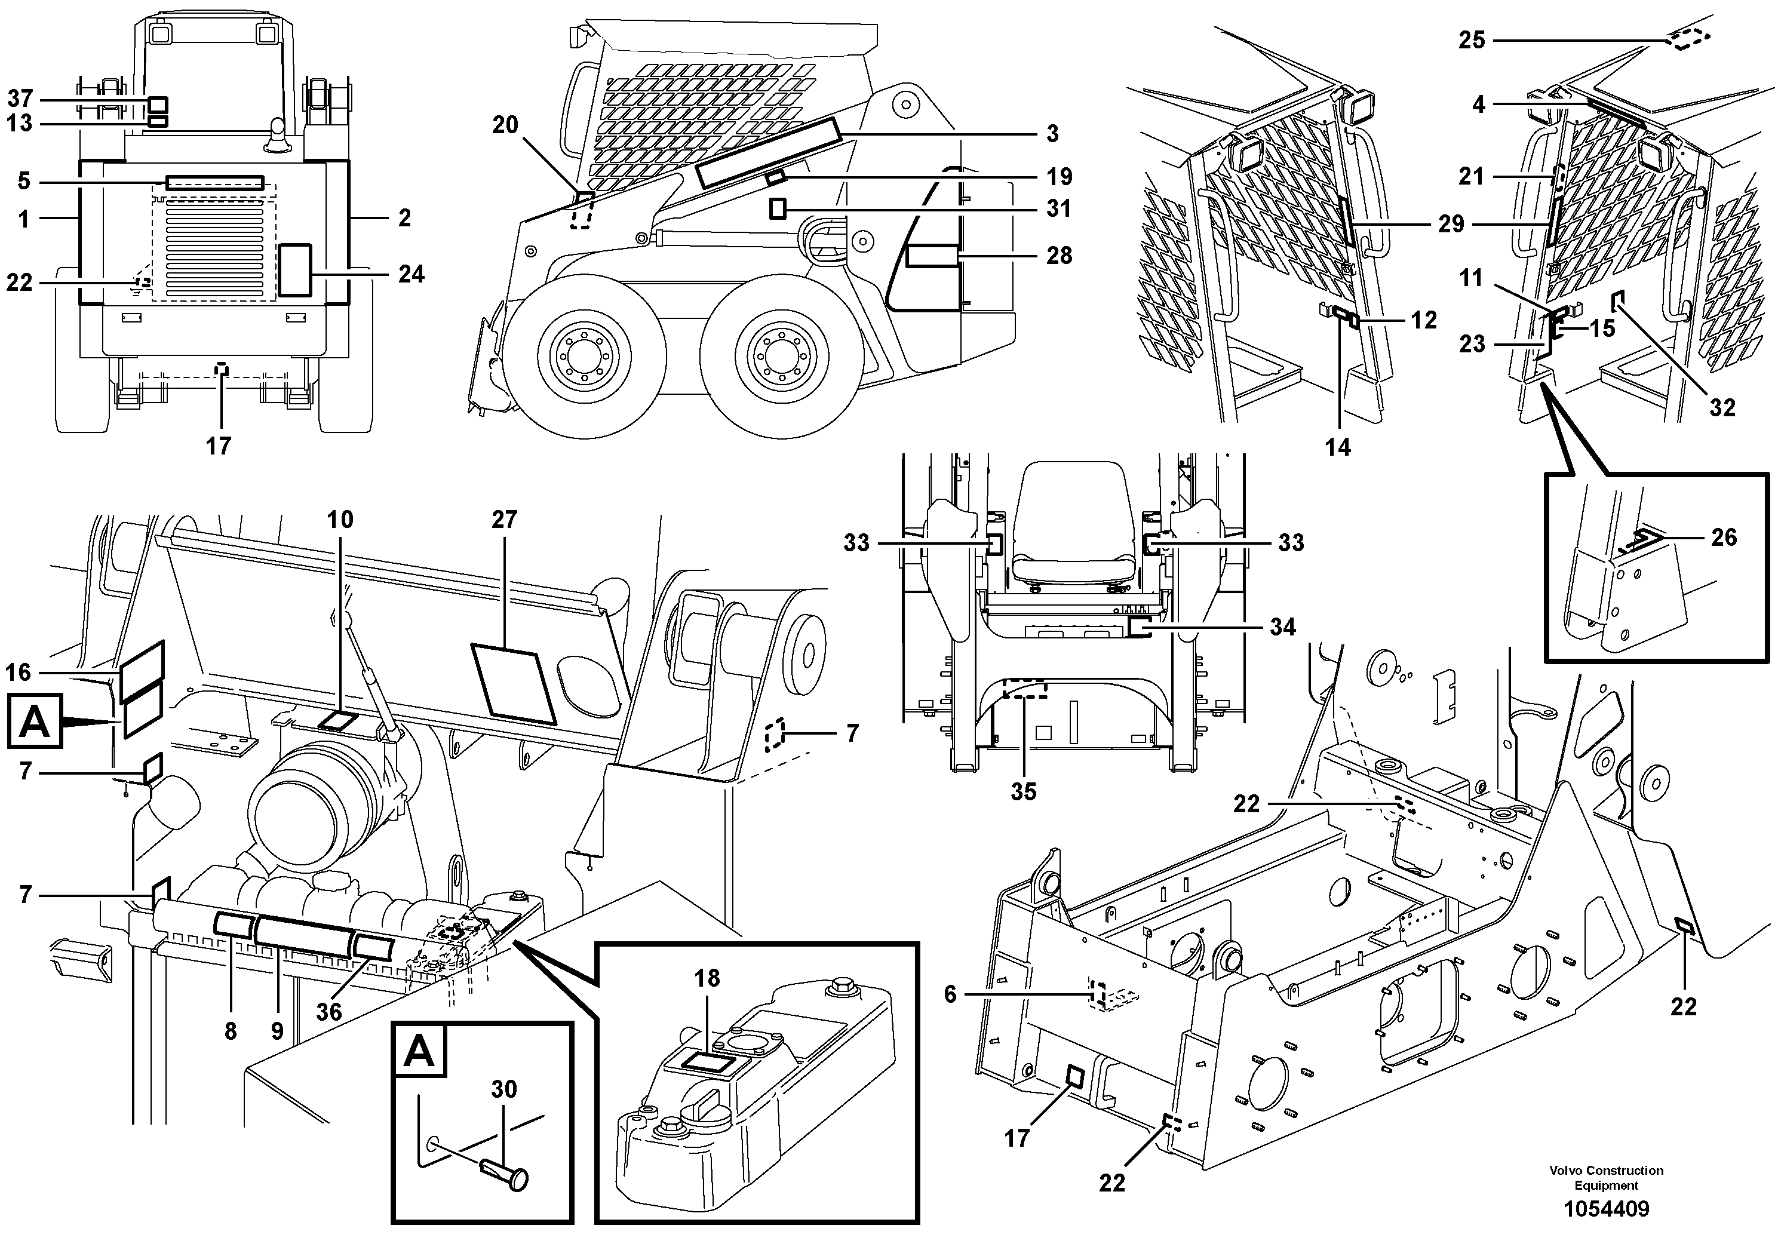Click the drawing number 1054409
(1606, 1209)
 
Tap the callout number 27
(504, 520)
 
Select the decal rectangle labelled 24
(294, 269)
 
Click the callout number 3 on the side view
(1052, 134)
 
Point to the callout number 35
(1023, 791)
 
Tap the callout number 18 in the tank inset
(707, 978)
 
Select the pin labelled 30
(503, 1174)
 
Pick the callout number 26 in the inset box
(1724, 538)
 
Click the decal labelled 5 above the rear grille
(215, 183)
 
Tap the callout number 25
(1472, 40)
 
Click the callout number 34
(1282, 627)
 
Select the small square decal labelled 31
(778, 208)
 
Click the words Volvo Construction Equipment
(1606, 1177)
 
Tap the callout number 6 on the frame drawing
(950, 994)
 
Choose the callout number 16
(19, 672)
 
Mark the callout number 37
(20, 99)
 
